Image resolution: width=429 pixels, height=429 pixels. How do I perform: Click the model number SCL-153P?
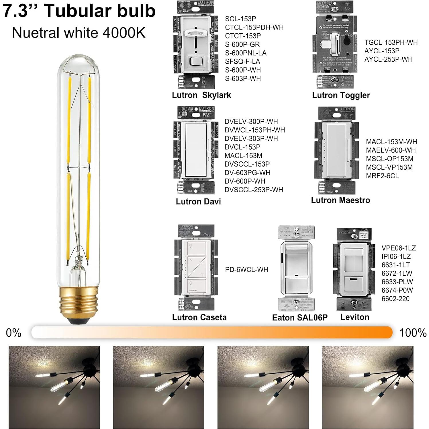(x=240, y=19)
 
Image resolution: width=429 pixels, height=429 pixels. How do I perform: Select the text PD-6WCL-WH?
(x=246, y=270)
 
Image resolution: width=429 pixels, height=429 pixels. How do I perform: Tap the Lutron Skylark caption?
(x=201, y=95)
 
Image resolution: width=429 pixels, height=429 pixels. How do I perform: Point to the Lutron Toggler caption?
(x=341, y=95)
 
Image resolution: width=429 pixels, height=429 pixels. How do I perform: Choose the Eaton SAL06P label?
(x=300, y=318)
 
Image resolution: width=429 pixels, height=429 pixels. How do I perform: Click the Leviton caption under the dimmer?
(x=354, y=317)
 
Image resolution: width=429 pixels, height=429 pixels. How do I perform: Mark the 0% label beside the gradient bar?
(x=13, y=333)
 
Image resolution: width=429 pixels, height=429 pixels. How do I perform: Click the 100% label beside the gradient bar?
(x=413, y=333)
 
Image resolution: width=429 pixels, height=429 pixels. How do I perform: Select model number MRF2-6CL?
(x=382, y=176)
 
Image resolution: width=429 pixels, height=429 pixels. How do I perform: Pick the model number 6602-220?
(x=395, y=299)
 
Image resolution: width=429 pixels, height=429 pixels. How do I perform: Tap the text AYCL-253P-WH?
(x=388, y=59)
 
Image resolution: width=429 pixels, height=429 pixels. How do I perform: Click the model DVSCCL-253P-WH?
(x=254, y=190)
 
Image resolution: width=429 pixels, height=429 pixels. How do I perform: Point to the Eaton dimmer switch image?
(x=296, y=269)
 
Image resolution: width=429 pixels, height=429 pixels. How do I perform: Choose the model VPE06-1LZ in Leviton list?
(x=398, y=248)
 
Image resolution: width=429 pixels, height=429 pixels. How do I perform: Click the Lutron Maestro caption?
(x=340, y=200)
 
